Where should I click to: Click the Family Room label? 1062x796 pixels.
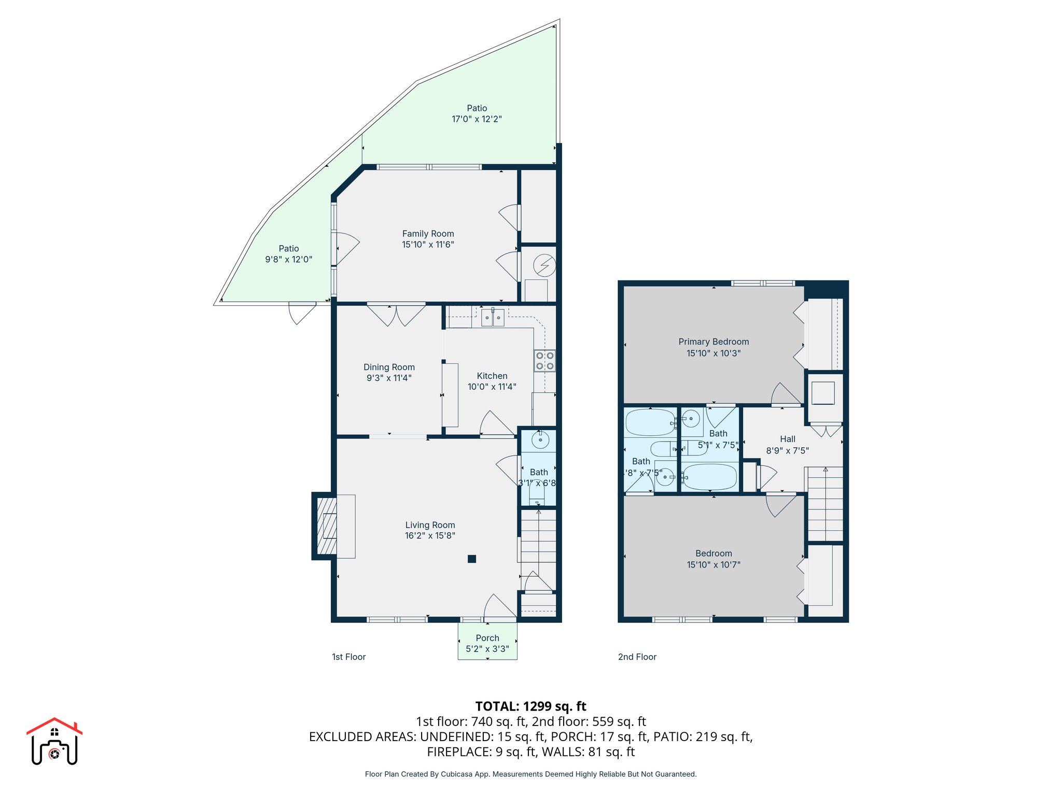tap(428, 234)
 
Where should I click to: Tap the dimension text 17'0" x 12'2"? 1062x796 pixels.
tap(477, 119)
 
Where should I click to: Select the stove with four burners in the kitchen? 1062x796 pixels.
tap(544, 361)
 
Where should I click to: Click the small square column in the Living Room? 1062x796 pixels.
tap(472, 559)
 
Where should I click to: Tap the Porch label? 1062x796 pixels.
tap(487, 638)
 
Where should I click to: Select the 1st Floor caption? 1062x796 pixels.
tap(348, 657)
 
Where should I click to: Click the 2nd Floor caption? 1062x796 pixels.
tap(637, 657)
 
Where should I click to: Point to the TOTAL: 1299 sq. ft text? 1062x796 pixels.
tap(530, 706)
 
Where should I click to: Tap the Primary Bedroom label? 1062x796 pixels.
tap(714, 342)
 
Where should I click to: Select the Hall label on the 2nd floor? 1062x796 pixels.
tap(787, 439)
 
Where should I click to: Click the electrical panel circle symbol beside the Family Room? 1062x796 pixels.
tap(544, 266)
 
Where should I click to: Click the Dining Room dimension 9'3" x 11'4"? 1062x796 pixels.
tap(389, 378)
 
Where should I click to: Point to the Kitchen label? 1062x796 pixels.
tap(492, 376)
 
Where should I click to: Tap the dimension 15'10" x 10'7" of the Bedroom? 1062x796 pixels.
tap(714, 565)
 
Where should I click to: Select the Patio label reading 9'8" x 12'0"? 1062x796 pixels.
tap(289, 260)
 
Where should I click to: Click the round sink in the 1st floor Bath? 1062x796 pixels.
tap(540, 440)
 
